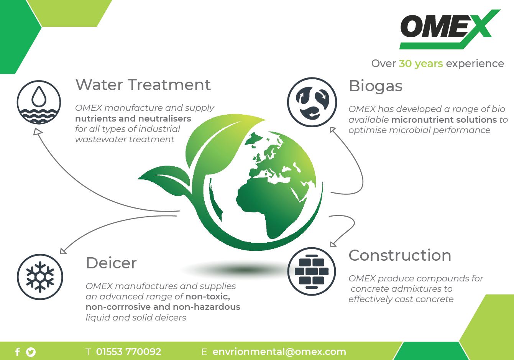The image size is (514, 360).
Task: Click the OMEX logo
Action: [449, 29]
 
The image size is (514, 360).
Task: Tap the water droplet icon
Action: [39, 102]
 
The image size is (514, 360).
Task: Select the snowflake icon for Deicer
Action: [40, 277]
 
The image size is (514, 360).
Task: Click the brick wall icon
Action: [311, 271]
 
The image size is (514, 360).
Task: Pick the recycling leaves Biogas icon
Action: [312, 102]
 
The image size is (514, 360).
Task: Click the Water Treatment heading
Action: [143, 85]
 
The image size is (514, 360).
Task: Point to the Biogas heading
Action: [375, 87]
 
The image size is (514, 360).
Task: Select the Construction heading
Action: [400, 255]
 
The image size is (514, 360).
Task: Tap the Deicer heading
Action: [111, 263]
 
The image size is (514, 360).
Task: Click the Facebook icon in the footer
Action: [17, 352]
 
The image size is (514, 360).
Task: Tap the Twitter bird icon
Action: [31, 352]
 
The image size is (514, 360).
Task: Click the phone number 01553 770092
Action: [128, 352]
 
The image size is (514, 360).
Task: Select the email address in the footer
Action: [279, 352]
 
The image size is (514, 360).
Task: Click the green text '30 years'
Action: [421, 64]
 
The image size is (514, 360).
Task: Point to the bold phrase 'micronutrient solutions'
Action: [444, 120]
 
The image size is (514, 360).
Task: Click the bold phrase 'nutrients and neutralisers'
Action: [133, 118]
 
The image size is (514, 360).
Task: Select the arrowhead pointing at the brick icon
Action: [333, 244]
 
